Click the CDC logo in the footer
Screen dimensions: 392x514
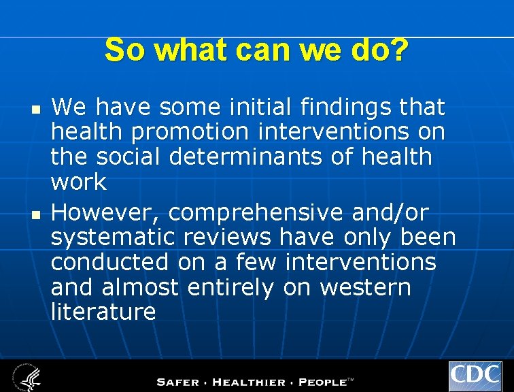pos(475,376)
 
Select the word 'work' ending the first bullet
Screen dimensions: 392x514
pos(79,182)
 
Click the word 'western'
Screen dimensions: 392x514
pos(365,288)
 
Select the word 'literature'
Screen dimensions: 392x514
pos(103,312)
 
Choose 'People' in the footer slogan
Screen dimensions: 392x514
pos(322,381)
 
